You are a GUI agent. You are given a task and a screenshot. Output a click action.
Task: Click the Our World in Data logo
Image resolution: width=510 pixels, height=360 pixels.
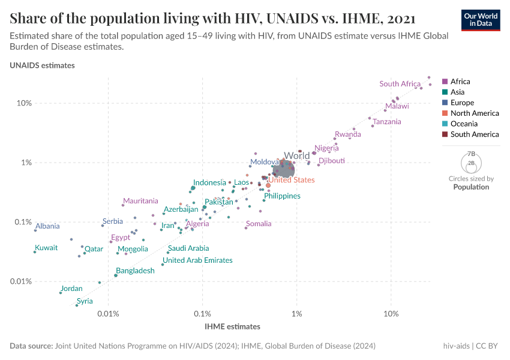[x=480, y=20]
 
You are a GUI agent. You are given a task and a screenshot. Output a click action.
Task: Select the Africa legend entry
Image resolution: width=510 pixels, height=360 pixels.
[x=460, y=82]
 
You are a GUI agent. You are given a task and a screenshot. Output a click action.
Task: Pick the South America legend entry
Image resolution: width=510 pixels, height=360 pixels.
[x=474, y=134]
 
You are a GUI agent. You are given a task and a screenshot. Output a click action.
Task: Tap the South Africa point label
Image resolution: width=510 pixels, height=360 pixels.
[x=400, y=84]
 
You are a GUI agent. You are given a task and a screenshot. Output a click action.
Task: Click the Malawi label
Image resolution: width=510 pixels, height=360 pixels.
[x=397, y=106]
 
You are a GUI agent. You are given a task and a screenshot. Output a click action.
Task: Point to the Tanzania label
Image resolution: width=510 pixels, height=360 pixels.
[x=386, y=122]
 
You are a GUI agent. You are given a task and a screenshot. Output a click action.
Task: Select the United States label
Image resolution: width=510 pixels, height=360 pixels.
[x=291, y=180]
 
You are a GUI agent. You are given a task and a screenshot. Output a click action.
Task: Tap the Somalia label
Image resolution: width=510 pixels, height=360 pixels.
[x=259, y=224]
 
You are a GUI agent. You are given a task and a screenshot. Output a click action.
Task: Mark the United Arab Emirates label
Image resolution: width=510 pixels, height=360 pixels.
[x=197, y=260]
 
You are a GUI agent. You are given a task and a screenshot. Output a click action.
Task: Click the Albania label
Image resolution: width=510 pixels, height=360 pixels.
[x=47, y=226]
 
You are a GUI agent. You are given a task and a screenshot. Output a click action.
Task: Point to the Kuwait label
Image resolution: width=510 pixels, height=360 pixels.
[x=46, y=248]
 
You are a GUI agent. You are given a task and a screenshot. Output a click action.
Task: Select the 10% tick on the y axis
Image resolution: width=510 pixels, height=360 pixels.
[x=23, y=103]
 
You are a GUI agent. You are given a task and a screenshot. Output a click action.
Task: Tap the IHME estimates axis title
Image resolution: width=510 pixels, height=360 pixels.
[x=232, y=327]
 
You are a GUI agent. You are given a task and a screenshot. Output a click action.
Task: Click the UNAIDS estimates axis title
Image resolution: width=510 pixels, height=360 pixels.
[x=42, y=65]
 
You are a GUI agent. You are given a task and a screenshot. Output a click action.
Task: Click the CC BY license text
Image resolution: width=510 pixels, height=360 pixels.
[x=488, y=346]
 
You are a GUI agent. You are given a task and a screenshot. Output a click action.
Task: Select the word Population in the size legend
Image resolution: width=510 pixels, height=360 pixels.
[x=471, y=187]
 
